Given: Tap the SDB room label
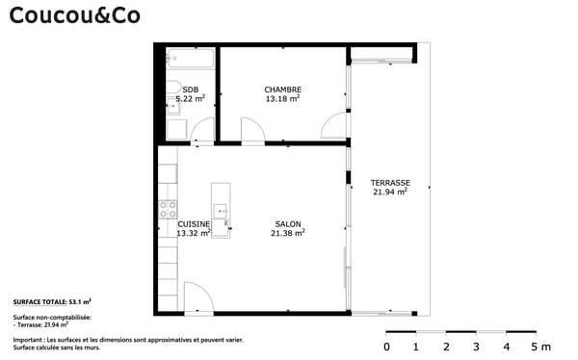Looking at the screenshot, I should click(190, 90).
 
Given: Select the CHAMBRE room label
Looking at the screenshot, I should click(283, 90).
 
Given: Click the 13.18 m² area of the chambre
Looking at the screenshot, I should click(283, 98).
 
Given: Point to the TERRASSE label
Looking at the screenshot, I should click(390, 182).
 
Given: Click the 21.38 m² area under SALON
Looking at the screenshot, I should click(287, 232).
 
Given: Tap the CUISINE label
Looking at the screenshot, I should click(194, 223).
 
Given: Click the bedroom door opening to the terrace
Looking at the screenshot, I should click(333, 126).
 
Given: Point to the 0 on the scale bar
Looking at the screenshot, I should click(387, 347).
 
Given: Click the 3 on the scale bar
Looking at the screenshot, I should click(476, 347).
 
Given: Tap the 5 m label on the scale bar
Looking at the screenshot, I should click(540, 347).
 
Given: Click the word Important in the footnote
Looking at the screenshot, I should click(29, 340).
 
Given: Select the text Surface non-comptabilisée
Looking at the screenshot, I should click(52, 317).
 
